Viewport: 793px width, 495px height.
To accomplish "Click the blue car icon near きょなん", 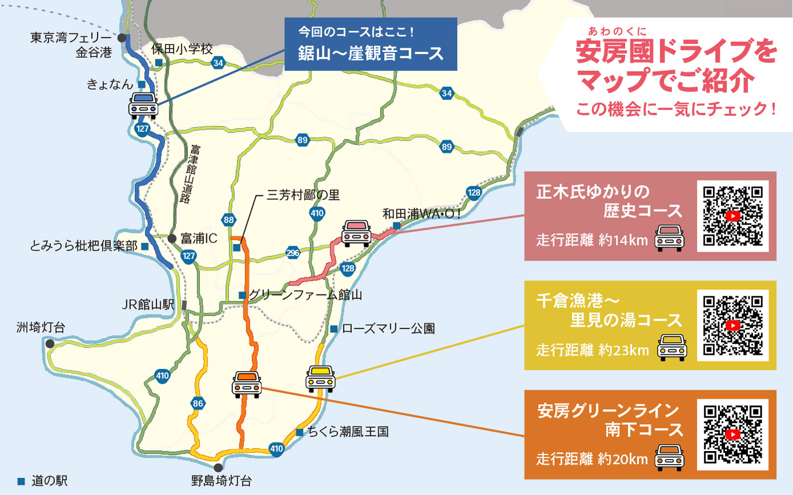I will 143,105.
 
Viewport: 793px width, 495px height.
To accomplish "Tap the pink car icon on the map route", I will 357,233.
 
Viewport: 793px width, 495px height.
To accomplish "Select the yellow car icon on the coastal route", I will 319,378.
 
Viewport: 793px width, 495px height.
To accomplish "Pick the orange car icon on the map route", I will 247,384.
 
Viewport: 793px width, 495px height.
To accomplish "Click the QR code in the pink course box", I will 733,216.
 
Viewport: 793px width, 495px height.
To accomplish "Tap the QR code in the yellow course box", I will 733,324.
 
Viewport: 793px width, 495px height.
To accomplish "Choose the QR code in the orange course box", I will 733,434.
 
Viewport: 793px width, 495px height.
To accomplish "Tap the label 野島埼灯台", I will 221,480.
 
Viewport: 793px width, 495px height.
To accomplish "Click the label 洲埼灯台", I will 41,327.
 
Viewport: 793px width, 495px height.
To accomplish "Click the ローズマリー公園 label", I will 389,329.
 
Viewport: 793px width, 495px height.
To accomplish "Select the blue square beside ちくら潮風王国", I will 299,432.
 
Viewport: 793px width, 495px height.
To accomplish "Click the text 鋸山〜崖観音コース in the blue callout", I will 371,53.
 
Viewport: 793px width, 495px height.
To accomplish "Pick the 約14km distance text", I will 623,240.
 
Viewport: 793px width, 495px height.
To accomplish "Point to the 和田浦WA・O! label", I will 420,215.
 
